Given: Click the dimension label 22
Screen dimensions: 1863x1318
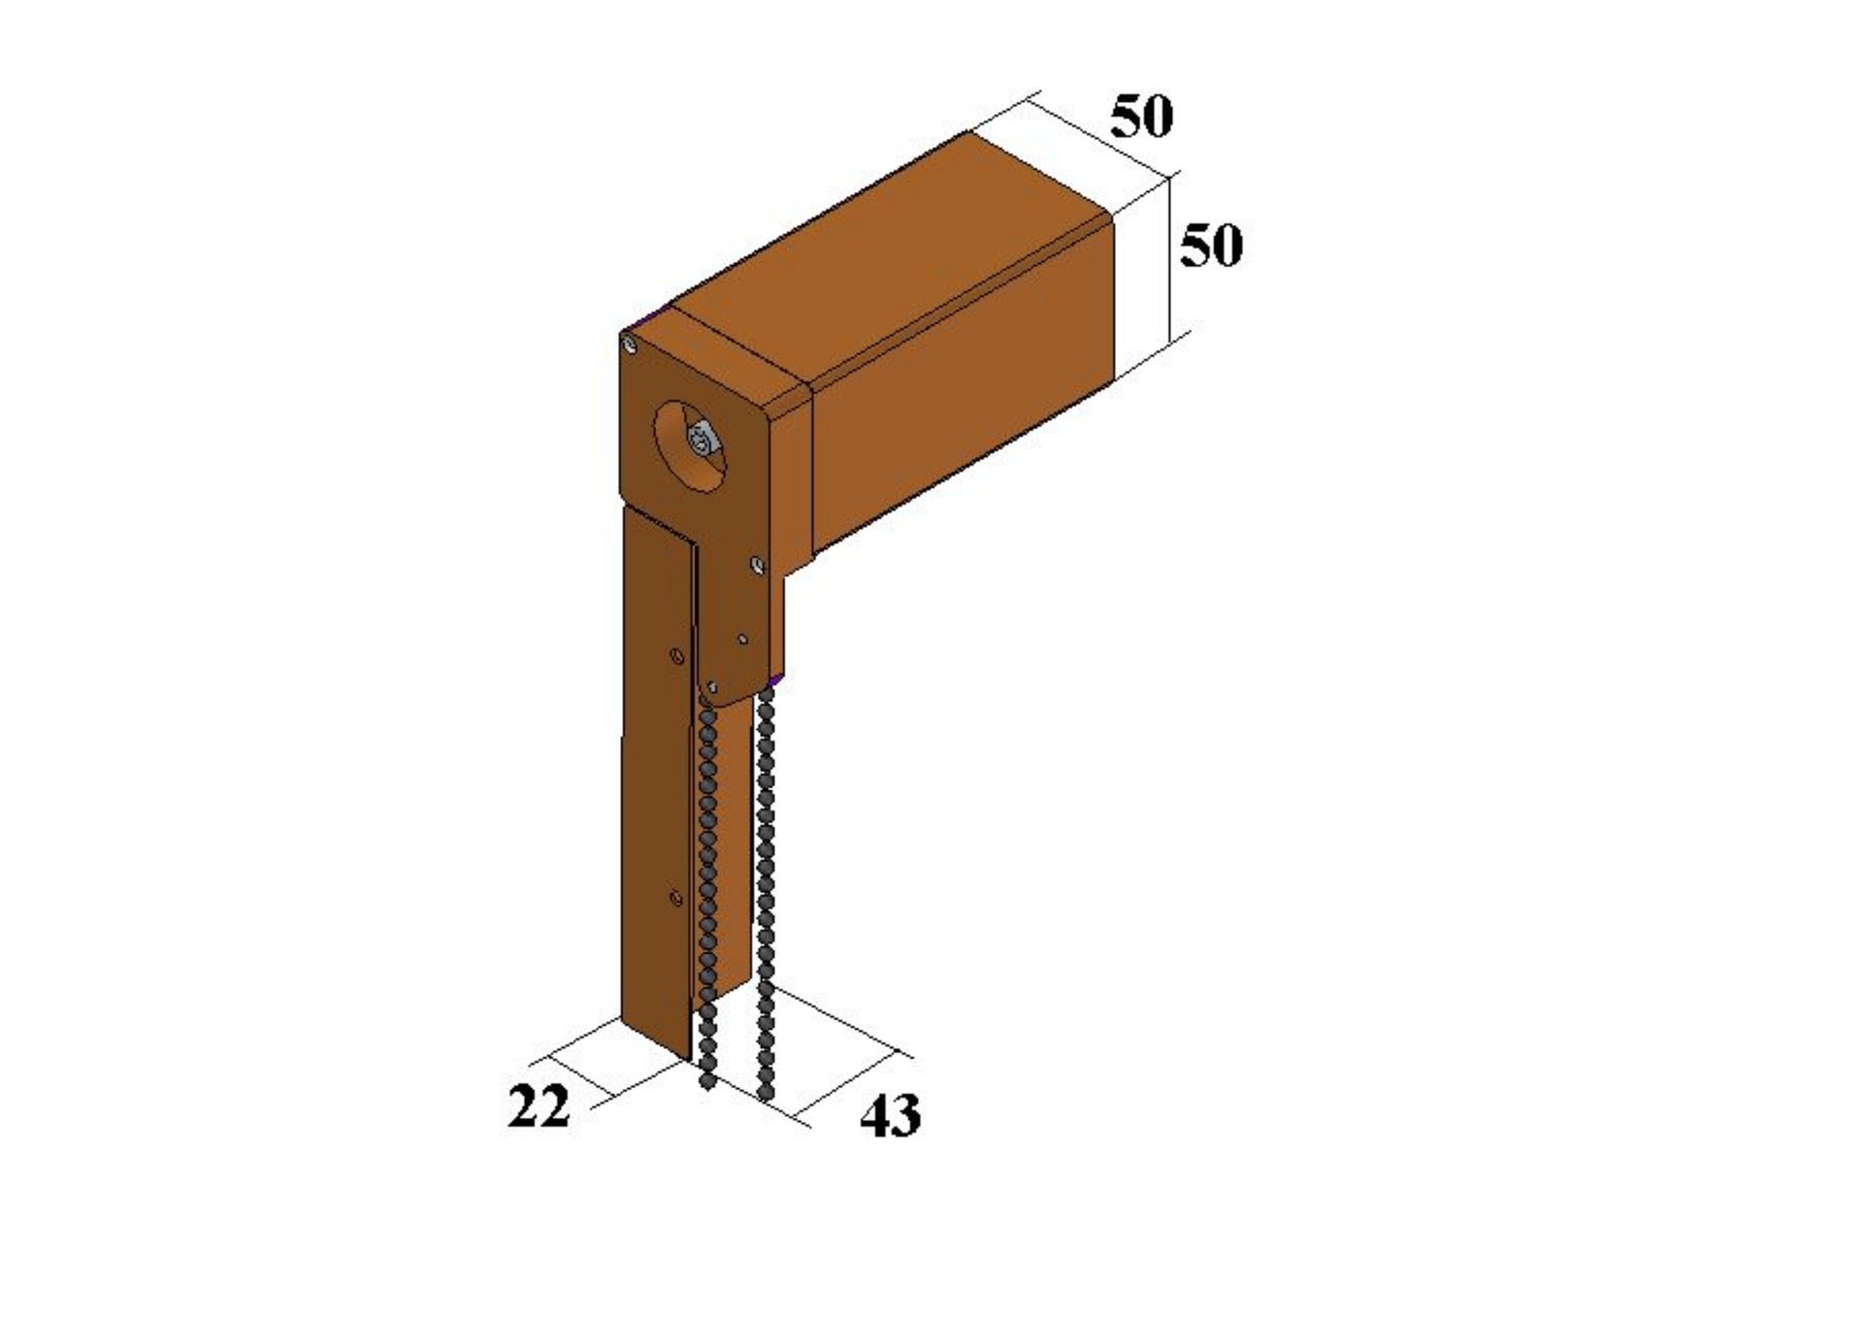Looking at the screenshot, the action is tap(539, 1106).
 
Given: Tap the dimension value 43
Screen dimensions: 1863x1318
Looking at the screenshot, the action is tap(890, 1115).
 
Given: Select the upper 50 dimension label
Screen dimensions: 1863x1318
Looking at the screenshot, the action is tap(1142, 116).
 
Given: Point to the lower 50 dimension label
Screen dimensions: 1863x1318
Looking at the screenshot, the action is tap(1211, 246).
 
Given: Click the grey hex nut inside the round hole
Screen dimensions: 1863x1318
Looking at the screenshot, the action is tap(702, 442).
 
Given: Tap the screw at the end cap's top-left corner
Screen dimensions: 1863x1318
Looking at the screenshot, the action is tap(632, 344).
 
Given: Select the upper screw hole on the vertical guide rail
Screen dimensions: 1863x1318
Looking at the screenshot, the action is tap(677, 657).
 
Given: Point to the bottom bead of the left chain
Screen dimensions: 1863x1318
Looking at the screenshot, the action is tap(706, 1080).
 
